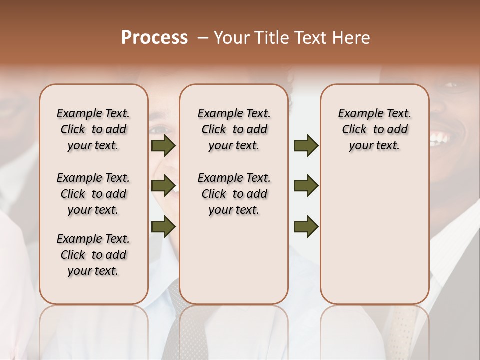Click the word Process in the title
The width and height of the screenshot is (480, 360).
(x=154, y=38)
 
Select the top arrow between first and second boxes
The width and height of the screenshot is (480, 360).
(x=163, y=146)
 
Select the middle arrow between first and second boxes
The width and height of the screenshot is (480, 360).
(x=163, y=186)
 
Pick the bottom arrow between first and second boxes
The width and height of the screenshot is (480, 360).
(x=163, y=227)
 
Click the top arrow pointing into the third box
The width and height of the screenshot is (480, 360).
(x=306, y=146)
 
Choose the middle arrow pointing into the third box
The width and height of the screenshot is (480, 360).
(x=306, y=186)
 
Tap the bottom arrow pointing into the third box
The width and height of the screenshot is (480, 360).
(x=306, y=227)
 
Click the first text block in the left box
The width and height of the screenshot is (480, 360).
(x=93, y=129)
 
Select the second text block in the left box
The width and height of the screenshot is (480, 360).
(x=93, y=194)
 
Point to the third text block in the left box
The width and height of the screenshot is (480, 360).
(x=93, y=255)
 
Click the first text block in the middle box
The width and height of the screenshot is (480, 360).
(x=234, y=129)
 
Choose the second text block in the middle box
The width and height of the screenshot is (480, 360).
(x=234, y=194)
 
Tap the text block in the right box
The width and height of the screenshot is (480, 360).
(x=374, y=129)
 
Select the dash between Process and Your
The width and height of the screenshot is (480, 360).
(x=202, y=38)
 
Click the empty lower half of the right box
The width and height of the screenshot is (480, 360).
(x=374, y=240)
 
